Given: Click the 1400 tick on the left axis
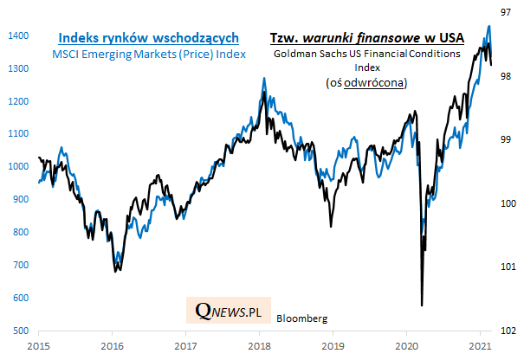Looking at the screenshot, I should (x=17, y=35).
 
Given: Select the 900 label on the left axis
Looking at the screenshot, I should (x=20, y=200).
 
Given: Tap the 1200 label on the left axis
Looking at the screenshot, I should (x=17, y=101).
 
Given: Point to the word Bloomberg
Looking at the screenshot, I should (x=301, y=318).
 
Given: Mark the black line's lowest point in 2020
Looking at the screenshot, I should (x=421, y=305).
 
